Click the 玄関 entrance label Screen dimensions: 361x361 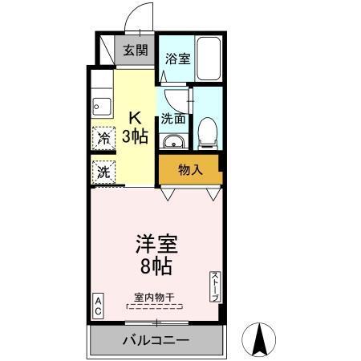[x=135, y=51]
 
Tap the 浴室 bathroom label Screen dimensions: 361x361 [x=176, y=59]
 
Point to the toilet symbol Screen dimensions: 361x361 [x=206, y=131]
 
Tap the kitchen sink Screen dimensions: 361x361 [x=101, y=104]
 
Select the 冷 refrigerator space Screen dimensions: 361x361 [x=103, y=137]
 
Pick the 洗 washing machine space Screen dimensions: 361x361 [x=103, y=171]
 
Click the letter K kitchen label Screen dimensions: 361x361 [x=135, y=116]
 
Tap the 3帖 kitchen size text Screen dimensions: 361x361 [x=135, y=136]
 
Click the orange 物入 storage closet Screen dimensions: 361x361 [x=190, y=170]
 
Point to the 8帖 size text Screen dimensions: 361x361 [x=156, y=266]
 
